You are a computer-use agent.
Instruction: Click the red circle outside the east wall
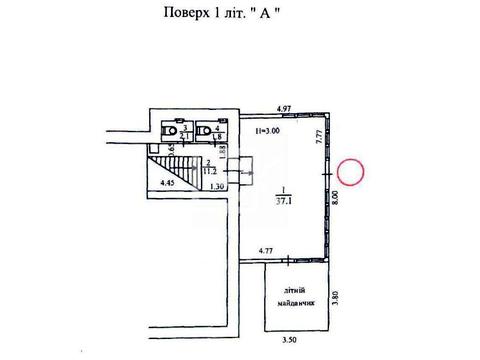(352, 172)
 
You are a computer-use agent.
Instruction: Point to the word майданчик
(293, 301)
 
